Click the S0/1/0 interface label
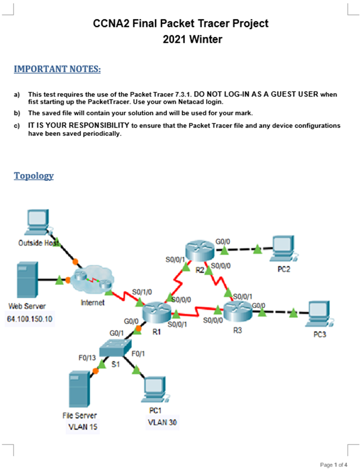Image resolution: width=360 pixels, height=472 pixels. point(142,292)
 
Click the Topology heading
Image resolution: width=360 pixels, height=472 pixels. point(34,176)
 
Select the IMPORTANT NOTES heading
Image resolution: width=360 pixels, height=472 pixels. point(58,70)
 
